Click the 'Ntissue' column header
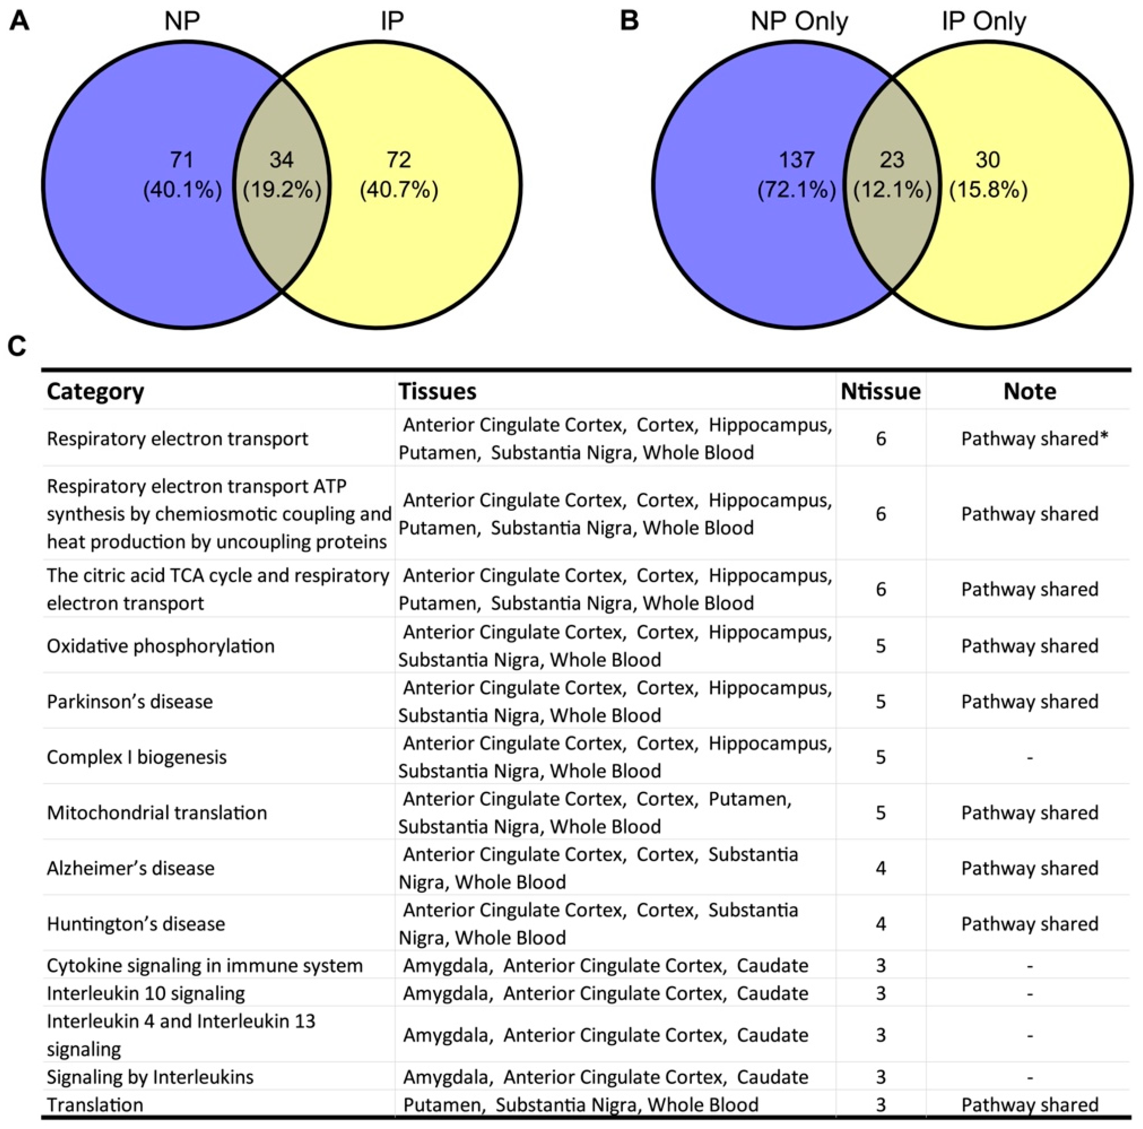pos(881,391)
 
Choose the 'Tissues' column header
pos(437,391)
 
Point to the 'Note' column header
pos(1030,391)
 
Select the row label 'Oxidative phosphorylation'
pos(160,646)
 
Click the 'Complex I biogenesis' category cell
pos(137,757)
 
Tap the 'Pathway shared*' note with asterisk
pos(1034,439)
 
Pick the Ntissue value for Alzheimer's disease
pos(881,868)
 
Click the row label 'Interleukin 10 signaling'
pos(146,993)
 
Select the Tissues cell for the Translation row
pos(580,1105)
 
